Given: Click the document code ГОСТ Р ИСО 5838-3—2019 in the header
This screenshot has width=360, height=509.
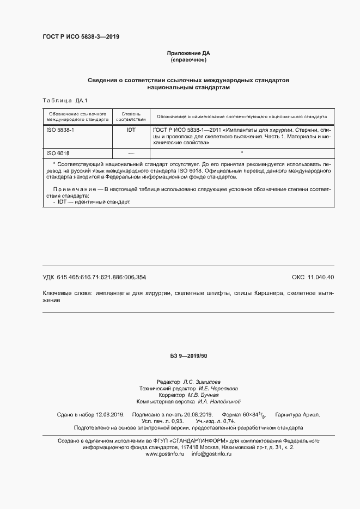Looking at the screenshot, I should (x=81, y=37).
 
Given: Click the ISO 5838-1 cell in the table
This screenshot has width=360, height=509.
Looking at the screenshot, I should (x=59, y=131).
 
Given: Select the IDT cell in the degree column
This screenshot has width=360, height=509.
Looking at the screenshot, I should (x=131, y=131).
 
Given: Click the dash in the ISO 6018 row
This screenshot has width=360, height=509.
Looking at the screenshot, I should (x=131, y=154).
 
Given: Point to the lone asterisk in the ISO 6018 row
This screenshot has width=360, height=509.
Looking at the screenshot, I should (x=241, y=153).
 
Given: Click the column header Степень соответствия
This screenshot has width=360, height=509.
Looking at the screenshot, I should (x=131, y=116).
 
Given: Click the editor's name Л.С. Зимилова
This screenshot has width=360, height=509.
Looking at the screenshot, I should (x=202, y=382).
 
